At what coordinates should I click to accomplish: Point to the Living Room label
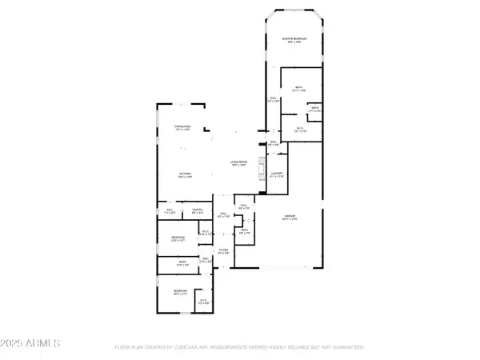pyautogui.click(x=238, y=162)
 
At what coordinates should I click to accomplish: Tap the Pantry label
pyautogui.click(x=196, y=211)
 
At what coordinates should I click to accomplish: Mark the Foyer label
pyautogui.click(x=223, y=251)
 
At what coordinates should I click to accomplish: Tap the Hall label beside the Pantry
pyautogui.click(x=169, y=211)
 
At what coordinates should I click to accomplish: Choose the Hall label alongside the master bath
pyautogui.click(x=272, y=100)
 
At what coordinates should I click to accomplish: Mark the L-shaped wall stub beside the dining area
pyautogui.click(x=207, y=128)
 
